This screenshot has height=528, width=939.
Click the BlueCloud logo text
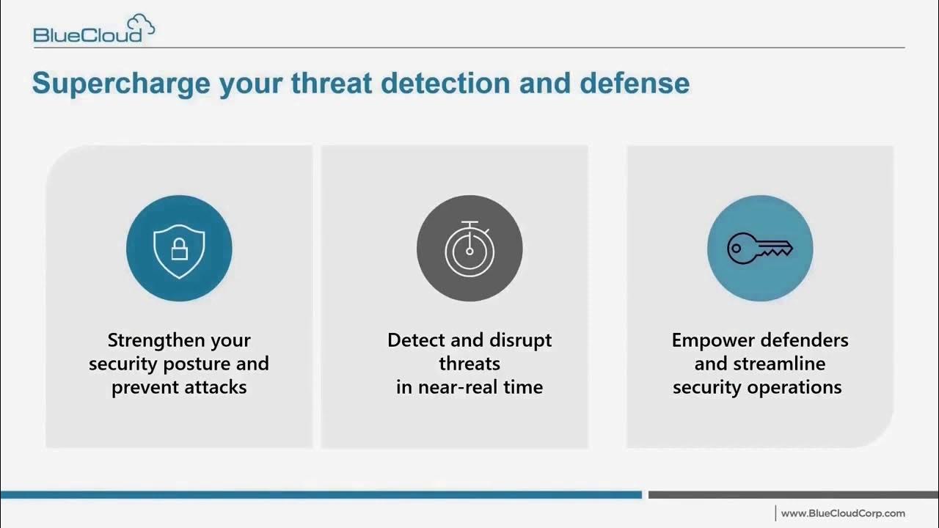coord(87,34)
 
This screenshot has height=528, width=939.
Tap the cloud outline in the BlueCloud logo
coord(140,25)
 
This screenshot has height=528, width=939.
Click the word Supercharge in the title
coord(120,84)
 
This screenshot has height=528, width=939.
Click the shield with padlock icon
coord(179,249)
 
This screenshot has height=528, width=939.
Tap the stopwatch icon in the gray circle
coord(469,248)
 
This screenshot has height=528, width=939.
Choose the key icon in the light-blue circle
coord(759,249)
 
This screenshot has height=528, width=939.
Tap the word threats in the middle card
coord(469,364)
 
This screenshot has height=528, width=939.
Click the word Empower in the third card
coord(713,340)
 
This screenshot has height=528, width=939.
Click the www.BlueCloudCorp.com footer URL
coord(842,513)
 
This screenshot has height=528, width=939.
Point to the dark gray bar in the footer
coord(792,495)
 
